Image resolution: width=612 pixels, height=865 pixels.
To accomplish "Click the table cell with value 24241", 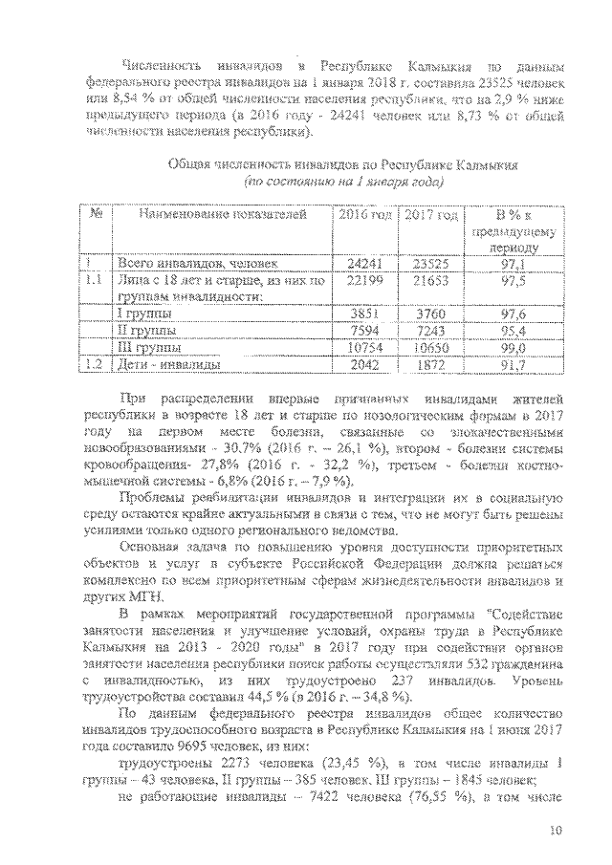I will (x=365, y=263).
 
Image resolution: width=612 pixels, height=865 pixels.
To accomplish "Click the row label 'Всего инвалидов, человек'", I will (x=196, y=263).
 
